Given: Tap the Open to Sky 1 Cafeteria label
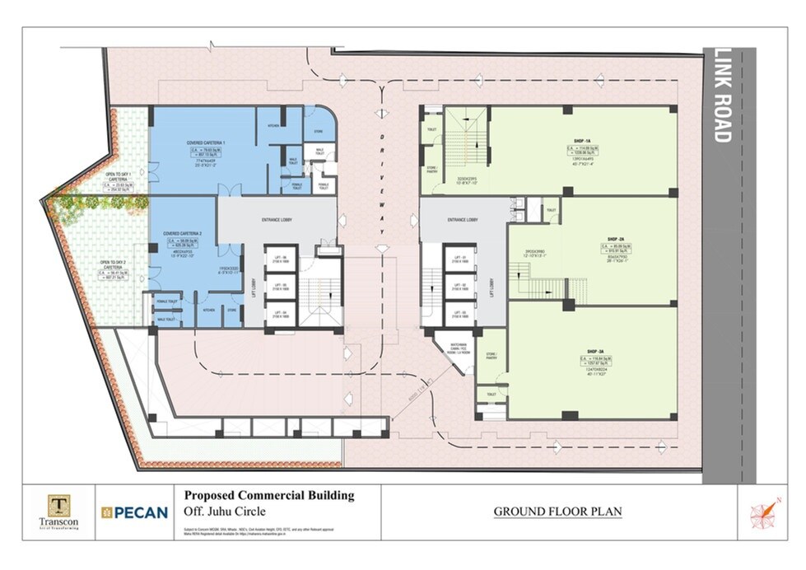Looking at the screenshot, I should (119, 176).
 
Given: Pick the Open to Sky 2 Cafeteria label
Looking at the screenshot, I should (112, 268).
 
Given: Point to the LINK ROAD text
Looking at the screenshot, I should (722, 96).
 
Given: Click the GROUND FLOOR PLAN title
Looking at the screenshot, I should (557, 512).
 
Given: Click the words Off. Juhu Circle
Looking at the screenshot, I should (220, 512).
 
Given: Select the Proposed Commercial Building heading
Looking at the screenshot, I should (268, 495).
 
